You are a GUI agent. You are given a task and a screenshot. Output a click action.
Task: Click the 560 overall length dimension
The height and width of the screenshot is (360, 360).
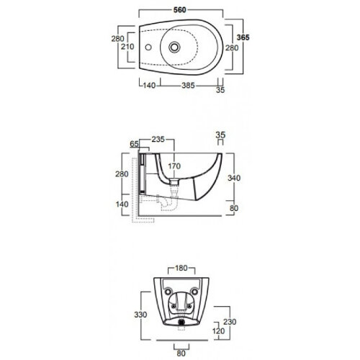[x=180, y=10]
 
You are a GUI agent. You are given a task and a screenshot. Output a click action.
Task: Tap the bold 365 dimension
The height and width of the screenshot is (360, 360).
[x=243, y=37]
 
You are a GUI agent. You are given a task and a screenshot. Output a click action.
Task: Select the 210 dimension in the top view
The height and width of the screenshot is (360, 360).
[x=127, y=47]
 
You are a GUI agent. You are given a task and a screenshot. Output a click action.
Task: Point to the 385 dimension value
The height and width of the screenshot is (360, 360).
[x=188, y=86]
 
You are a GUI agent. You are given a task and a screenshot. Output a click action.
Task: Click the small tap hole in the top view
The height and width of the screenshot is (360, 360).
[x=148, y=47]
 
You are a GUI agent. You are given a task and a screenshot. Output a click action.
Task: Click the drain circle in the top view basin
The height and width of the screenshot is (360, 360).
[x=174, y=47]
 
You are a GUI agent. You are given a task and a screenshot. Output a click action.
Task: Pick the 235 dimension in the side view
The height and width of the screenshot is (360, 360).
[x=158, y=139]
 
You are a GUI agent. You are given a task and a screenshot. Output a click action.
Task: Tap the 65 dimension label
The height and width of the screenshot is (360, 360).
[x=135, y=144]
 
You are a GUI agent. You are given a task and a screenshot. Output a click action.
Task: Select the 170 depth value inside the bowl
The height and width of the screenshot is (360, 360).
[x=174, y=166]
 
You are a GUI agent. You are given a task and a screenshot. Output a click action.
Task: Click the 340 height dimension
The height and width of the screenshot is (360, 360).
[x=234, y=178]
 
